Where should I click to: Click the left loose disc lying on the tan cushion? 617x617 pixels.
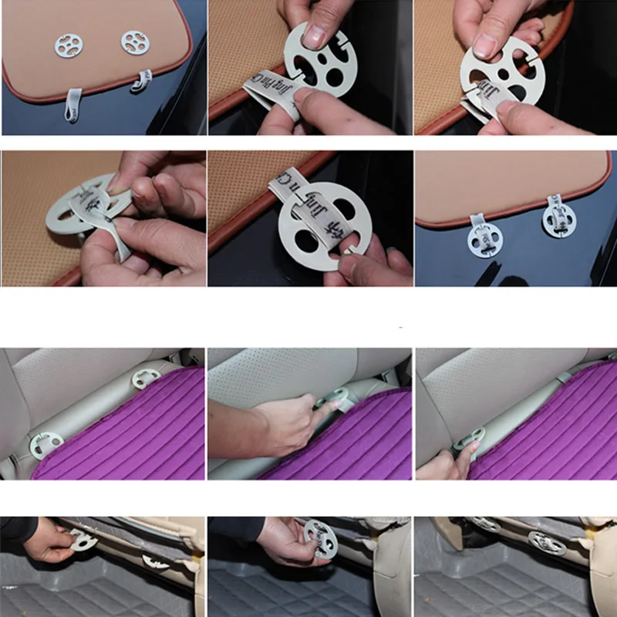click(69, 46)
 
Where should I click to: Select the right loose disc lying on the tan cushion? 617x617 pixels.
click(135, 42)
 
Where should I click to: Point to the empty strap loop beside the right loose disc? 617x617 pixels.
click(143, 80)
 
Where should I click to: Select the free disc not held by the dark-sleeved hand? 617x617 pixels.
click(155, 561)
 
